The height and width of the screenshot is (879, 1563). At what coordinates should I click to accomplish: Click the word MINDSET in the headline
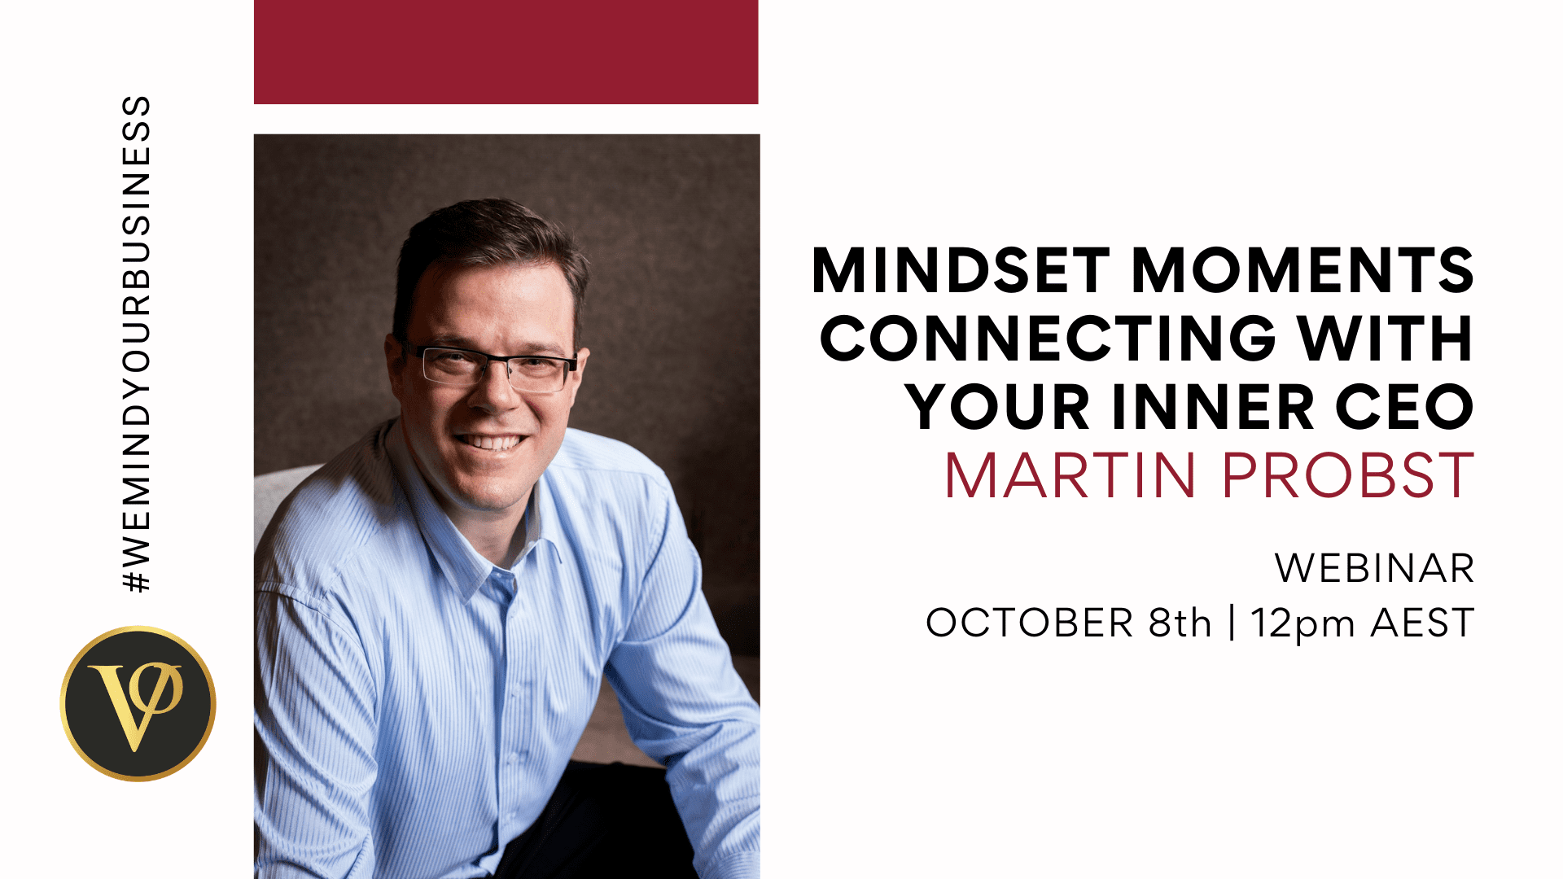tap(961, 270)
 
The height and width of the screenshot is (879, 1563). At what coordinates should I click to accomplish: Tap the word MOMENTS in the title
tap(1302, 270)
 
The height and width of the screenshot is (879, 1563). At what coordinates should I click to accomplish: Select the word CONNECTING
tap(1048, 338)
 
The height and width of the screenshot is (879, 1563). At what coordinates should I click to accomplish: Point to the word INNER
tap(1212, 406)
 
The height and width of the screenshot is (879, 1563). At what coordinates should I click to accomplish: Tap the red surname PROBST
tap(1348, 475)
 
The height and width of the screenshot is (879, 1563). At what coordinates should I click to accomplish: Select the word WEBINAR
tap(1374, 568)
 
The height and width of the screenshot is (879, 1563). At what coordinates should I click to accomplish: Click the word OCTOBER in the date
tap(1029, 623)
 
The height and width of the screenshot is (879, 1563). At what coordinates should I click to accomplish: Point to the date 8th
tap(1180, 623)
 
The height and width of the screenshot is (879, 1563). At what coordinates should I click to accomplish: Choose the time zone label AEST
tap(1422, 623)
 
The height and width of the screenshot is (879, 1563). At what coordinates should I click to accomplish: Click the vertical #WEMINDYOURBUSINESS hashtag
tap(136, 344)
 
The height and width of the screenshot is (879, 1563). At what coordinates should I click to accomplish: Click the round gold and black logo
tap(138, 704)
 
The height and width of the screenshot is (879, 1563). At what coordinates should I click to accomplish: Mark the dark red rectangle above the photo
tap(506, 52)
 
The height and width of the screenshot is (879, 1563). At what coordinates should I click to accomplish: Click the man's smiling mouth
tap(491, 443)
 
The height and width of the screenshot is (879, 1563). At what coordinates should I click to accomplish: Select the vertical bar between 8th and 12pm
tap(1232, 623)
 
